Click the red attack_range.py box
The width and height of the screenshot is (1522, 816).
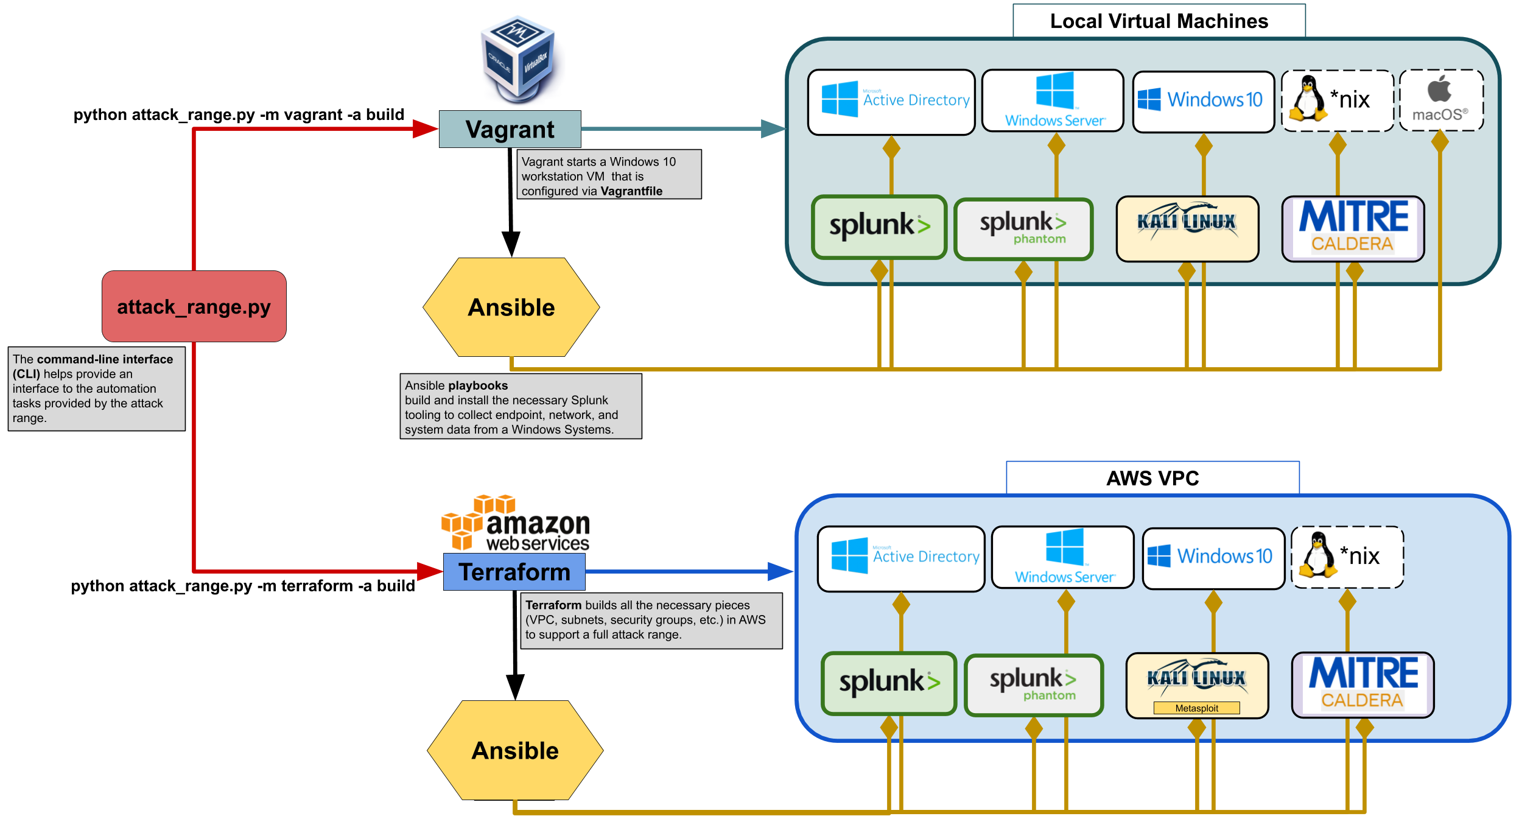pos(194,306)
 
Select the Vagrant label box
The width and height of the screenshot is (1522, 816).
pos(510,129)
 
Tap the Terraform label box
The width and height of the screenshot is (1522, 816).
pos(514,572)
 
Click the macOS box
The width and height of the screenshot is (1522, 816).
pos(1440,100)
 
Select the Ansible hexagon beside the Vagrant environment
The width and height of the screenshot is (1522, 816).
pos(511,308)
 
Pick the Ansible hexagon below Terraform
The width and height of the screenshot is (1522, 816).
pos(515,750)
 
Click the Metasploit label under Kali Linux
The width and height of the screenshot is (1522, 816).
pos(1196,708)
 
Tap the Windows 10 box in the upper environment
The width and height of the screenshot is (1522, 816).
pos(1203,101)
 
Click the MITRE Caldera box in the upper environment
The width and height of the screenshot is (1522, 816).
pos(1353,228)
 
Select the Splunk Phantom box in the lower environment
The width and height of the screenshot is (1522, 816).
pos(1033,685)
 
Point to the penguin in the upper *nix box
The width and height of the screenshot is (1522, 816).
pos(1306,99)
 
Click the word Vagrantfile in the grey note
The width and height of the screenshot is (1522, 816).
pos(631,191)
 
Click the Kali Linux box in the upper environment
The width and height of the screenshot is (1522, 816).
pos(1187,228)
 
